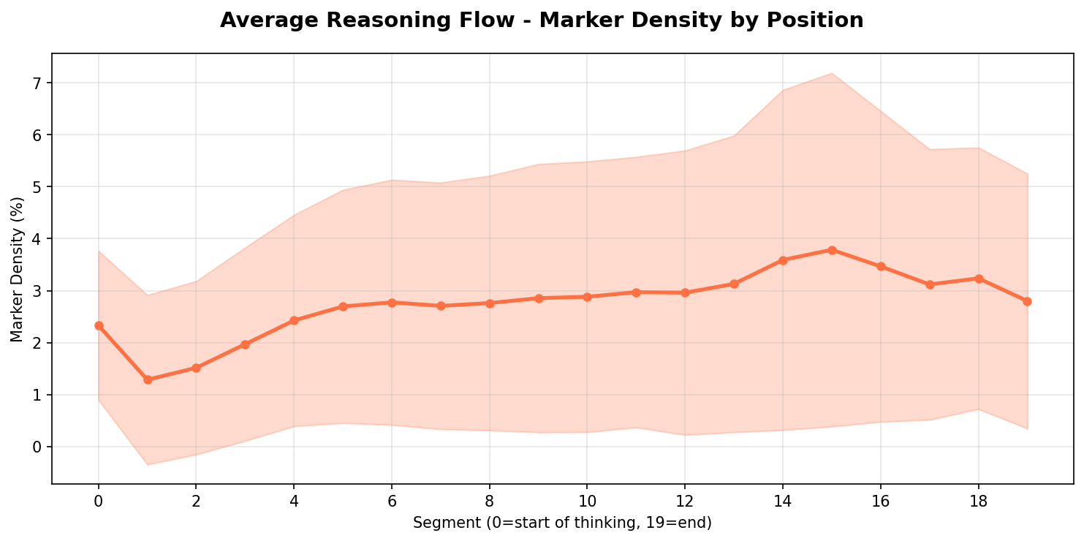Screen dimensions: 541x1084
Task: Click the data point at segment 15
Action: pos(832,250)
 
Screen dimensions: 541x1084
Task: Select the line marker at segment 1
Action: pos(148,379)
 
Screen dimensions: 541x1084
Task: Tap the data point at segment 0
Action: pos(99,325)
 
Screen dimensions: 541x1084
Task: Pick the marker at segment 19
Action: pos(1027,301)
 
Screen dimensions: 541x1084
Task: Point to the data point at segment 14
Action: pos(783,260)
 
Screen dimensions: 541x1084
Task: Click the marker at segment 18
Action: pos(978,279)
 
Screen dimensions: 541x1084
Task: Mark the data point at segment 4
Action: pos(294,320)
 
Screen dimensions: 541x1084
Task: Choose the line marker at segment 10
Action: pos(587,297)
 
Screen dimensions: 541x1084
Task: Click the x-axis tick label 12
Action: pos(685,502)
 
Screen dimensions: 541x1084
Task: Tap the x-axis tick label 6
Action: pos(392,502)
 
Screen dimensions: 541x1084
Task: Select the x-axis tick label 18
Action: pos(978,502)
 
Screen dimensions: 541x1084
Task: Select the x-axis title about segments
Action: pos(562,523)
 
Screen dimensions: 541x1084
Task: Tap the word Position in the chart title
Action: pos(817,20)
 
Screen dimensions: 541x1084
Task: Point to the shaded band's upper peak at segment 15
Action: pos(832,73)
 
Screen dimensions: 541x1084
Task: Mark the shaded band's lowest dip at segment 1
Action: pos(148,464)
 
